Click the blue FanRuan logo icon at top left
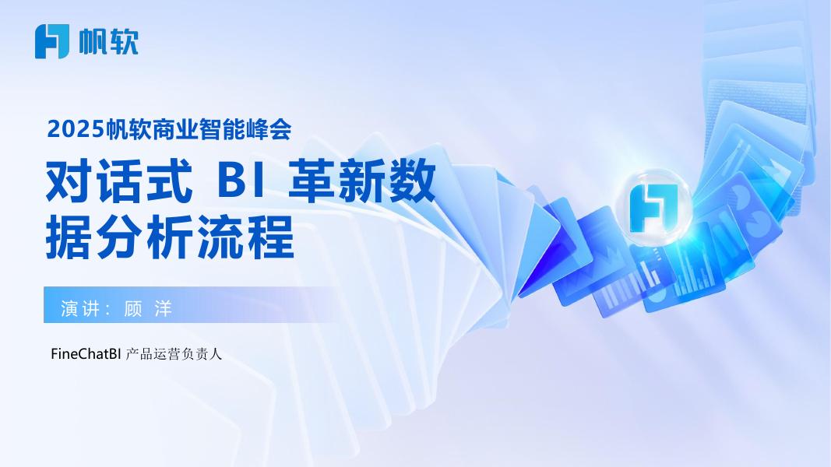coord(52,41)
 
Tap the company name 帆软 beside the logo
coord(108,41)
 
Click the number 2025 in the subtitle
coord(75,129)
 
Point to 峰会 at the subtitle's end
coord(269,129)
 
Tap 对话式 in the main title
coord(118,181)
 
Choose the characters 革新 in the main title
coord(337,181)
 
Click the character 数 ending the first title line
coord(412,181)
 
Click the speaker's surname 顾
coord(132,308)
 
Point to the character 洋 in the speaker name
coord(164,308)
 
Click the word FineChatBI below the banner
coord(86,353)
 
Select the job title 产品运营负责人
coord(174,354)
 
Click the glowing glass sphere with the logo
coord(654,207)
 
